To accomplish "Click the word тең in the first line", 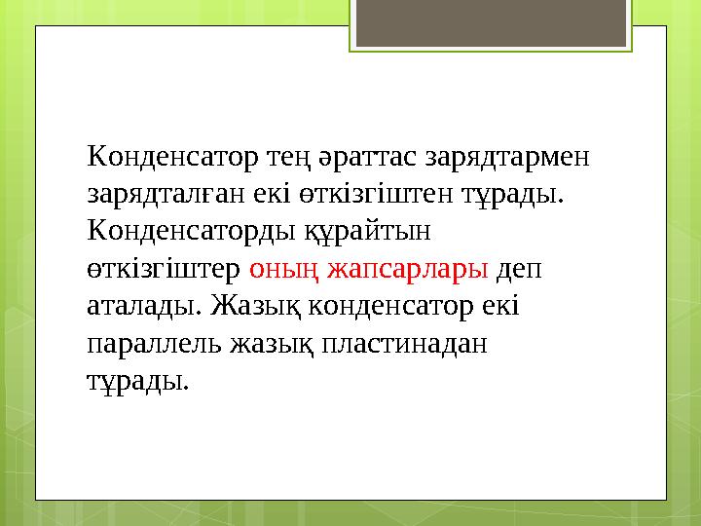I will click(280, 156).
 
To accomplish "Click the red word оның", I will click(285, 268).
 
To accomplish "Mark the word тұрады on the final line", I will click(137, 380).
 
